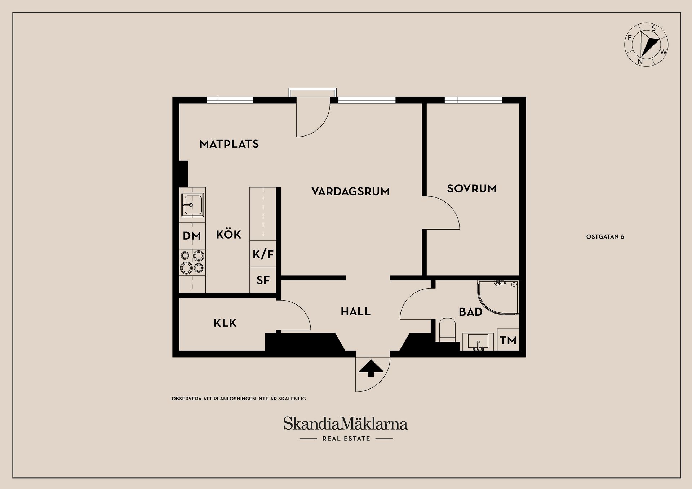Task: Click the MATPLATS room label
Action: click(x=229, y=144)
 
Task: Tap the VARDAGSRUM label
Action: click(x=351, y=191)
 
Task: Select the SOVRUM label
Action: click(x=472, y=188)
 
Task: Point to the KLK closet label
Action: click(x=225, y=323)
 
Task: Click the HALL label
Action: click(x=356, y=311)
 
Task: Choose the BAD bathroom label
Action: click(x=470, y=312)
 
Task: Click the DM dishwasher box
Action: click(x=192, y=236)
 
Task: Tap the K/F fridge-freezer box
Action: click(x=263, y=254)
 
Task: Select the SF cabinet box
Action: click(x=263, y=280)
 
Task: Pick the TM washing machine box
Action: click(x=508, y=340)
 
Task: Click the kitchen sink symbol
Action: click(x=192, y=205)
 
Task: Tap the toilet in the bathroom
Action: click(x=447, y=329)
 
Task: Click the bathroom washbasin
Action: click(x=478, y=341)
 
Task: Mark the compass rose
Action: click(x=646, y=45)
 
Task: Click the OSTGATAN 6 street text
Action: click(x=605, y=237)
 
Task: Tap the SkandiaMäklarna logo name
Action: click(x=346, y=424)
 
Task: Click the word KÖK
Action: click(x=229, y=234)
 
